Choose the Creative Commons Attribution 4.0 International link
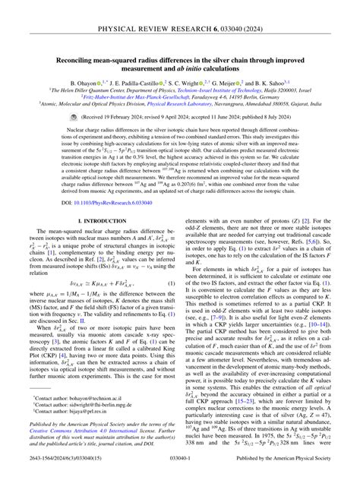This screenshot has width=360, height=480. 77,439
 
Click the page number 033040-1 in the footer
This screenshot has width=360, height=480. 180,469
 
